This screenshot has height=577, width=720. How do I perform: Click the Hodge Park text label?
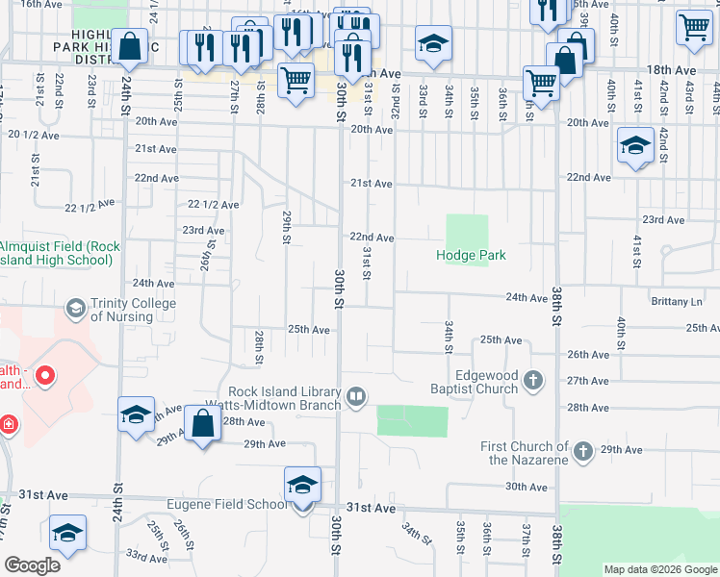click(471, 256)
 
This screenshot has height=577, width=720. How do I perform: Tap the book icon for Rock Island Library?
click(356, 396)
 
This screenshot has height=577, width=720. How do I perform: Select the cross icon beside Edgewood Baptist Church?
click(533, 382)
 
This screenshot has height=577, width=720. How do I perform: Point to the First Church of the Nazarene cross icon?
click(582, 451)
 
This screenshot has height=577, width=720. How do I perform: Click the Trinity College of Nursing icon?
click(74, 309)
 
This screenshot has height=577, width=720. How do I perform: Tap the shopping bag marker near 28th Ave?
click(202, 424)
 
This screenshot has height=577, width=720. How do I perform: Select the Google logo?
click(32, 564)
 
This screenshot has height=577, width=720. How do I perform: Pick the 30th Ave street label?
click(527, 488)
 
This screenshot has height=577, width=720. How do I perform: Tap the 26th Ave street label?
click(588, 355)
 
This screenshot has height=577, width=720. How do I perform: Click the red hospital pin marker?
click(44, 373)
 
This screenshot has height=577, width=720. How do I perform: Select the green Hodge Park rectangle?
click(466, 233)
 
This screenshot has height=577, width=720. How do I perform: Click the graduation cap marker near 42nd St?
click(635, 146)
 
